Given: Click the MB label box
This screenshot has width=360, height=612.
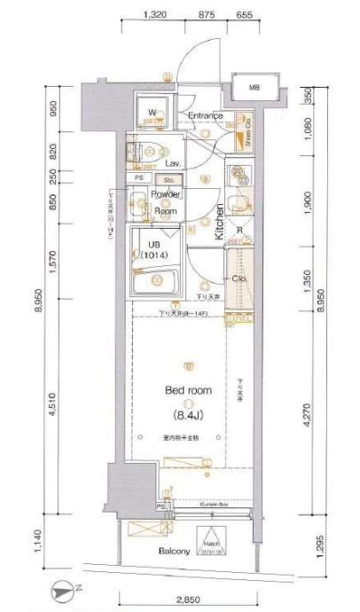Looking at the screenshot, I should click(254, 87).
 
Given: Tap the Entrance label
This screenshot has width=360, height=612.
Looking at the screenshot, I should click(205, 116).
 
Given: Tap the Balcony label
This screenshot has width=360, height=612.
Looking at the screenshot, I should click(176, 552).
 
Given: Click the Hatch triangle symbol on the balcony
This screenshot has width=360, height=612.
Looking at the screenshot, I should click(212, 538).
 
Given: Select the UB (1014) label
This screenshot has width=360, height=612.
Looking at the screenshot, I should click(154, 250).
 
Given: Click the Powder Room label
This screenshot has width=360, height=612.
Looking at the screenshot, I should click(165, 203).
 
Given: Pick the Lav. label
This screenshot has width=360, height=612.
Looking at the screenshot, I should click(172, 164).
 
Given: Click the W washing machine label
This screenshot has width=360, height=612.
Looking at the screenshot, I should click(153, 113).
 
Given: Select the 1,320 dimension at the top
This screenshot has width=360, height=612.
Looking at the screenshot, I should click(154, 14).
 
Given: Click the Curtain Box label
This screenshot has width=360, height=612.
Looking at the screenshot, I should click(211, 503).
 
